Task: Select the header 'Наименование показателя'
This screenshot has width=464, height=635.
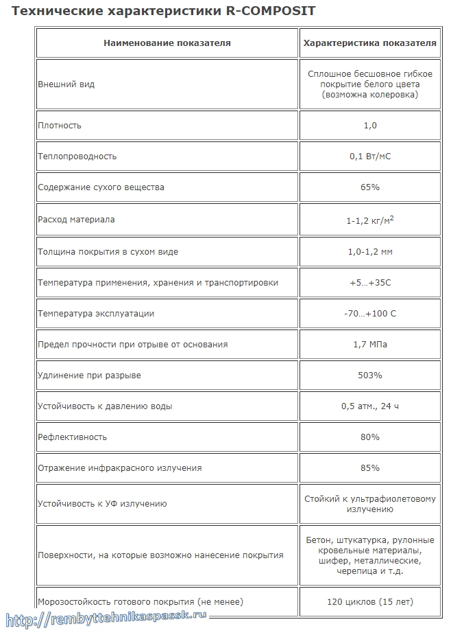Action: click(167, 43)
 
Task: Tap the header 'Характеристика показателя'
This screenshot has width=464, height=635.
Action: click(370, 43)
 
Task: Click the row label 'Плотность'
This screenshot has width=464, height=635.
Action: click(60, 126)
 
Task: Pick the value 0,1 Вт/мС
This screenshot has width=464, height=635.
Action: click(370, 157)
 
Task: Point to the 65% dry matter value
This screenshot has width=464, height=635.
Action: click(370, 187)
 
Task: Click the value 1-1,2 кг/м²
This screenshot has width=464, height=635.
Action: click(370, 220)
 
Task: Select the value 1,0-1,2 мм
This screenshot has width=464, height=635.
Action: click(370, 252)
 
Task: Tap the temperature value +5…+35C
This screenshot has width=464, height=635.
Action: click(370, 283)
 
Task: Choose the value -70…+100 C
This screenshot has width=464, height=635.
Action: click(370, 314)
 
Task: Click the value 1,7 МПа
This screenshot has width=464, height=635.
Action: click(370, 345)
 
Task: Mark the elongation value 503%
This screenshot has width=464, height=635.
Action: click(370, 376)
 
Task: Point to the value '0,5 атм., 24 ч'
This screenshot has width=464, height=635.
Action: click(370, 406)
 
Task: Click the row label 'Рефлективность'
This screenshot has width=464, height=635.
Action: click(73, 437)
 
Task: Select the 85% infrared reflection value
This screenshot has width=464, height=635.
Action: click(370, 468)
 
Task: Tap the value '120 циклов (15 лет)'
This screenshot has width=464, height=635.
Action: click(370, 602)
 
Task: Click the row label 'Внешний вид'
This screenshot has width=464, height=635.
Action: click(66, 84)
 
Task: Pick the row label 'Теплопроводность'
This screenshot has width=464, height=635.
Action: click(77, 157)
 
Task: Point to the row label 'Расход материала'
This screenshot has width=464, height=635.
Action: click(76, 220)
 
